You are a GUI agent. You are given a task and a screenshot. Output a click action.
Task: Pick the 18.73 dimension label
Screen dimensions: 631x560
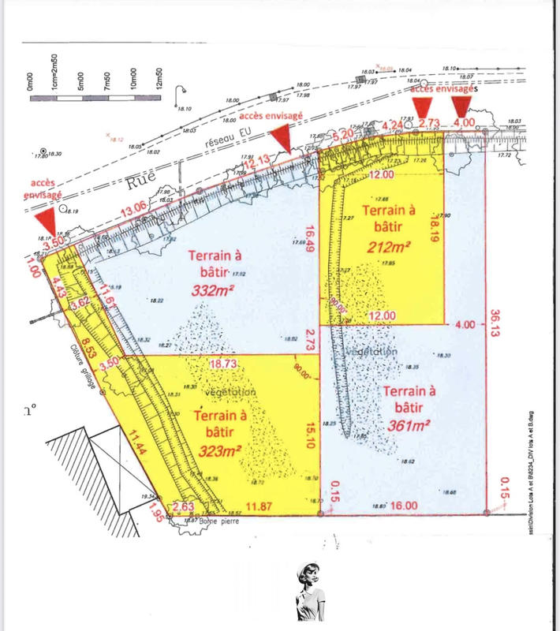[x=224, y=364]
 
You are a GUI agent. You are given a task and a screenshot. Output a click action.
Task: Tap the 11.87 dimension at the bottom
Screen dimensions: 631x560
[x=260, y=506]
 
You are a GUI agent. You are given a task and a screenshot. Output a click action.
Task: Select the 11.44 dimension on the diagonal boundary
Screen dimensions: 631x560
[x=132, y=453]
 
